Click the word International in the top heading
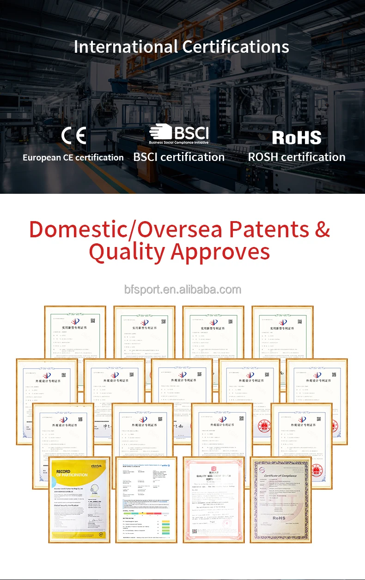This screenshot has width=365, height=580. click(x=125, y=47)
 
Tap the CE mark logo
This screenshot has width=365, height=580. click(x=74, y=136)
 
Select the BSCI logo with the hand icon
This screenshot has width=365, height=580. click(x=179, y=134)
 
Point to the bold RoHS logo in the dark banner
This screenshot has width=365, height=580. click(x=297, y=137)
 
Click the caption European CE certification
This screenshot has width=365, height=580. click(x=73, y=157)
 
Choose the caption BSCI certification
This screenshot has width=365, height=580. click(x=179, y=157)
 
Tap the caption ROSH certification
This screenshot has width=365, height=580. click(x=297, y=157)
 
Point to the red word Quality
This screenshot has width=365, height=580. click(x=127, y=252)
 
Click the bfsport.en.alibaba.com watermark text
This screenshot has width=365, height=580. click(x=182, y=290)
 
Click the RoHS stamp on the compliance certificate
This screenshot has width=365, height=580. click(x=279, y=518)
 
